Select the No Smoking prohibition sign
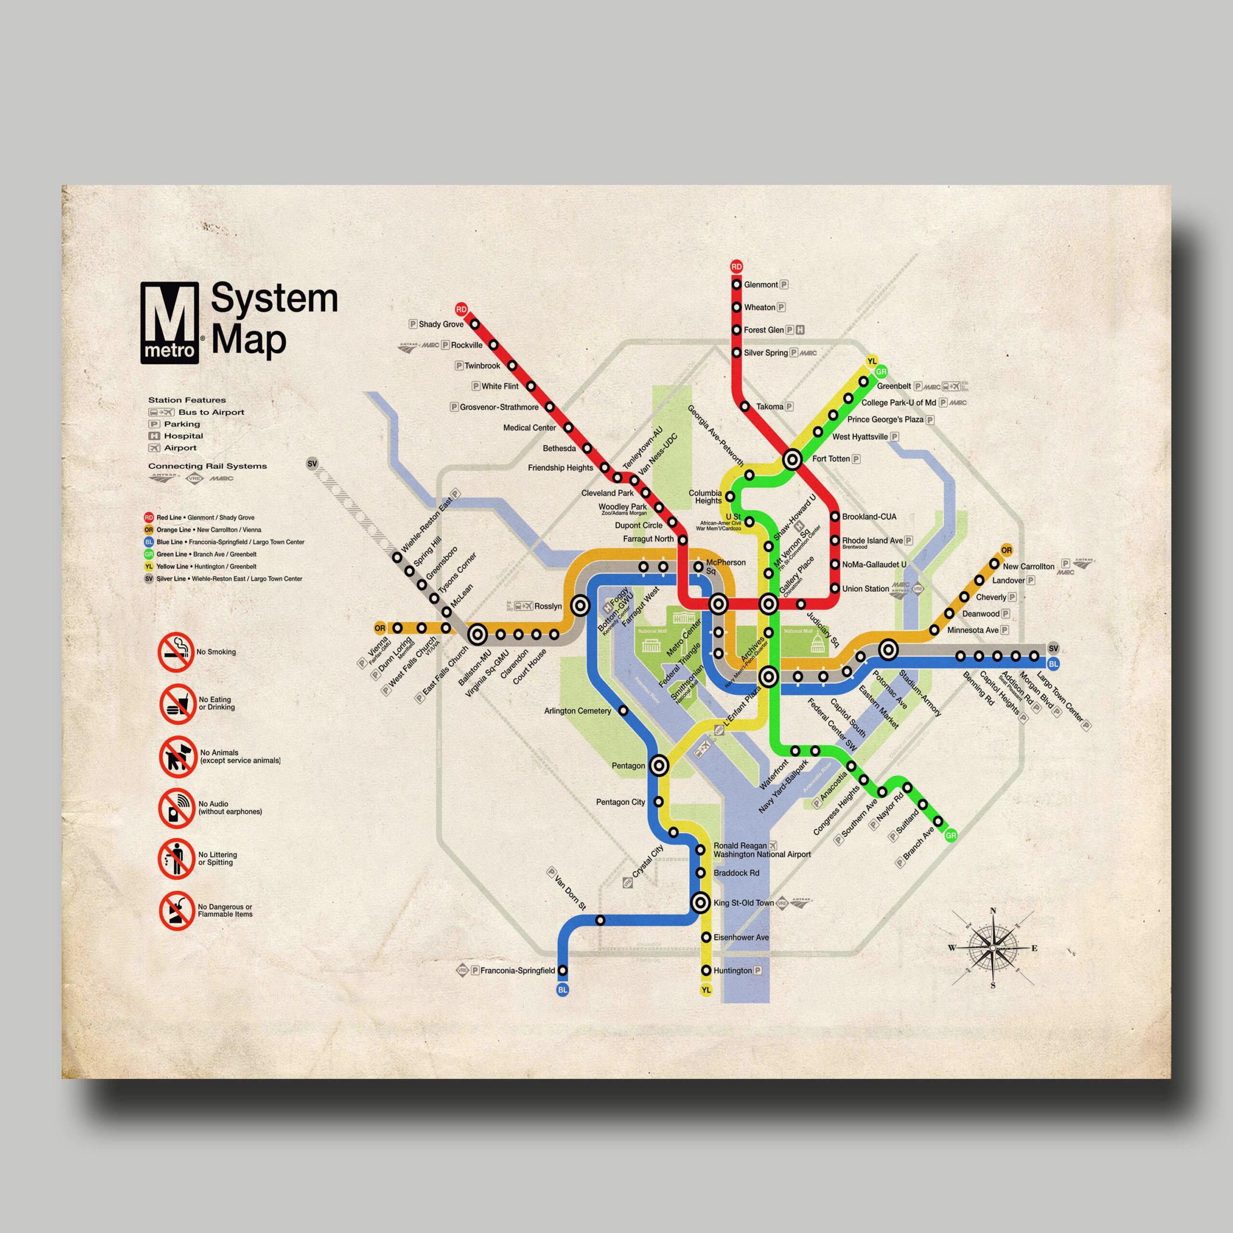pyautogui.click(x=176, y=652)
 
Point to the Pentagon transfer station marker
pyautogui.click(x=660, y=765)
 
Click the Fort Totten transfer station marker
pyautogui.click(x=792, y=459)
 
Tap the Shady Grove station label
pyautogui.click(x=440, y=324)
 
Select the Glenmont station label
pyautogui.click(x=761, y=285)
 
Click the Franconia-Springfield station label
pyautogui.click(x=518, y=971)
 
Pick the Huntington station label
pyautogui.click(x=733, y=970)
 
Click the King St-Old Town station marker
pyautogui.click(x=700, y=903)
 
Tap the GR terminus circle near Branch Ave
pyautogui.click(x=952, y=835)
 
